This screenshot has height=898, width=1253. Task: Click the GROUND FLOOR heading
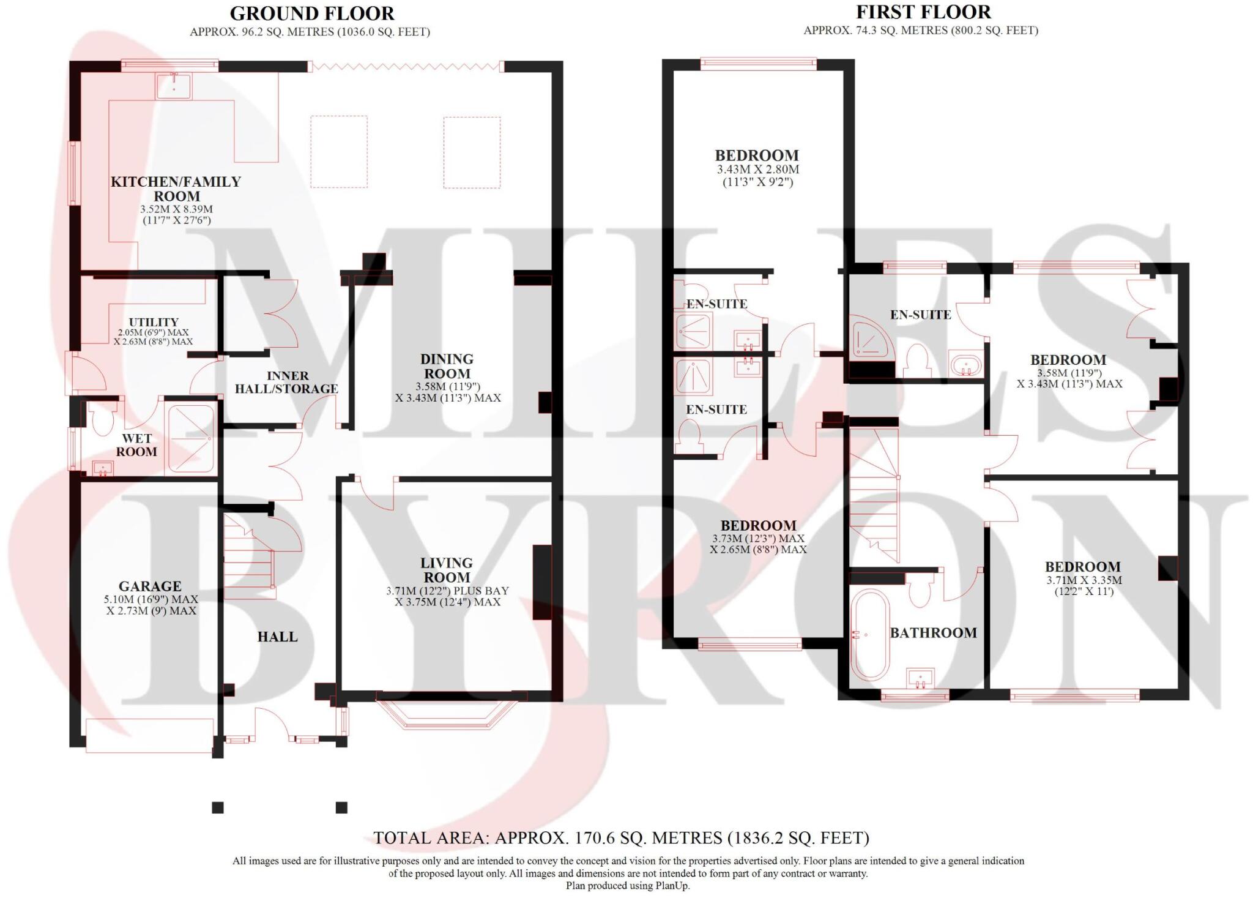311,13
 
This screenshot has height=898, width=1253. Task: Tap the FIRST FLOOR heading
923,12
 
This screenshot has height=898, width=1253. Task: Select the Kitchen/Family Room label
176,189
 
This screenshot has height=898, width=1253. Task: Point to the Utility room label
154,322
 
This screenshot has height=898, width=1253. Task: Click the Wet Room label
136,445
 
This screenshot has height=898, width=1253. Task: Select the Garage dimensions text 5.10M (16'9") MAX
151,599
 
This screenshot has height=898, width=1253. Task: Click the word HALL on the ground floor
277,637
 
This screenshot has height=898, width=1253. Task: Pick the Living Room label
447,570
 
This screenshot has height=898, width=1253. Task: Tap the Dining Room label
447,366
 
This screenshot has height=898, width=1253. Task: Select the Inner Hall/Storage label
286,382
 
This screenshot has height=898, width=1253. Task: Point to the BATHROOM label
933,633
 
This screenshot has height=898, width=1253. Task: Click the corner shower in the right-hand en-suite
871,339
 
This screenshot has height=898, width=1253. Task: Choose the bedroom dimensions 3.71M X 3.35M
1083,580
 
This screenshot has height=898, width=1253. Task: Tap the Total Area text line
621,837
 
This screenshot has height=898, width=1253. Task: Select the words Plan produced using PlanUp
627,885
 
